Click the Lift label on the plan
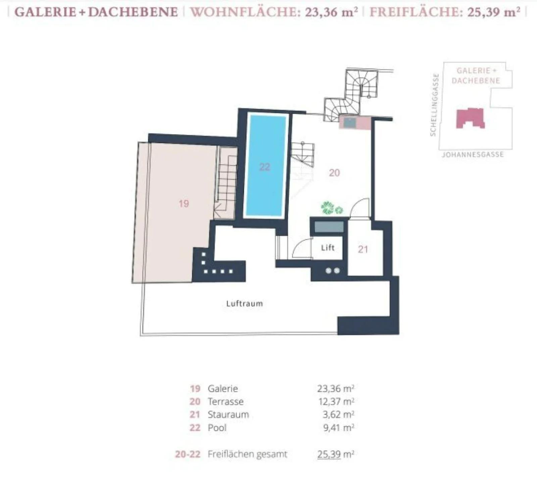[x=328, y=248]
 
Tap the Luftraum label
[x=244, y=304]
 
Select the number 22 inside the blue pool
[x=264, y=167]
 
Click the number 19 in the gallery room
[x=184, y=203]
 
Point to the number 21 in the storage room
[x=363, y=249]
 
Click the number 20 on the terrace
[x=334, y=173]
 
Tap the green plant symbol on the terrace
[x=332, y=208]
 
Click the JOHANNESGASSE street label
[x=473, y=155]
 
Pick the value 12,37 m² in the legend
[x=336, y=401]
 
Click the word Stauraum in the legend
[x=228, y=415]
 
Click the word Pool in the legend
[x=217, y=428]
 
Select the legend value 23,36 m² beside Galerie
[x=336, y=388]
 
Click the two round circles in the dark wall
[x=333, y=270]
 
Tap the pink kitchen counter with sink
[x=355, y=123]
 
